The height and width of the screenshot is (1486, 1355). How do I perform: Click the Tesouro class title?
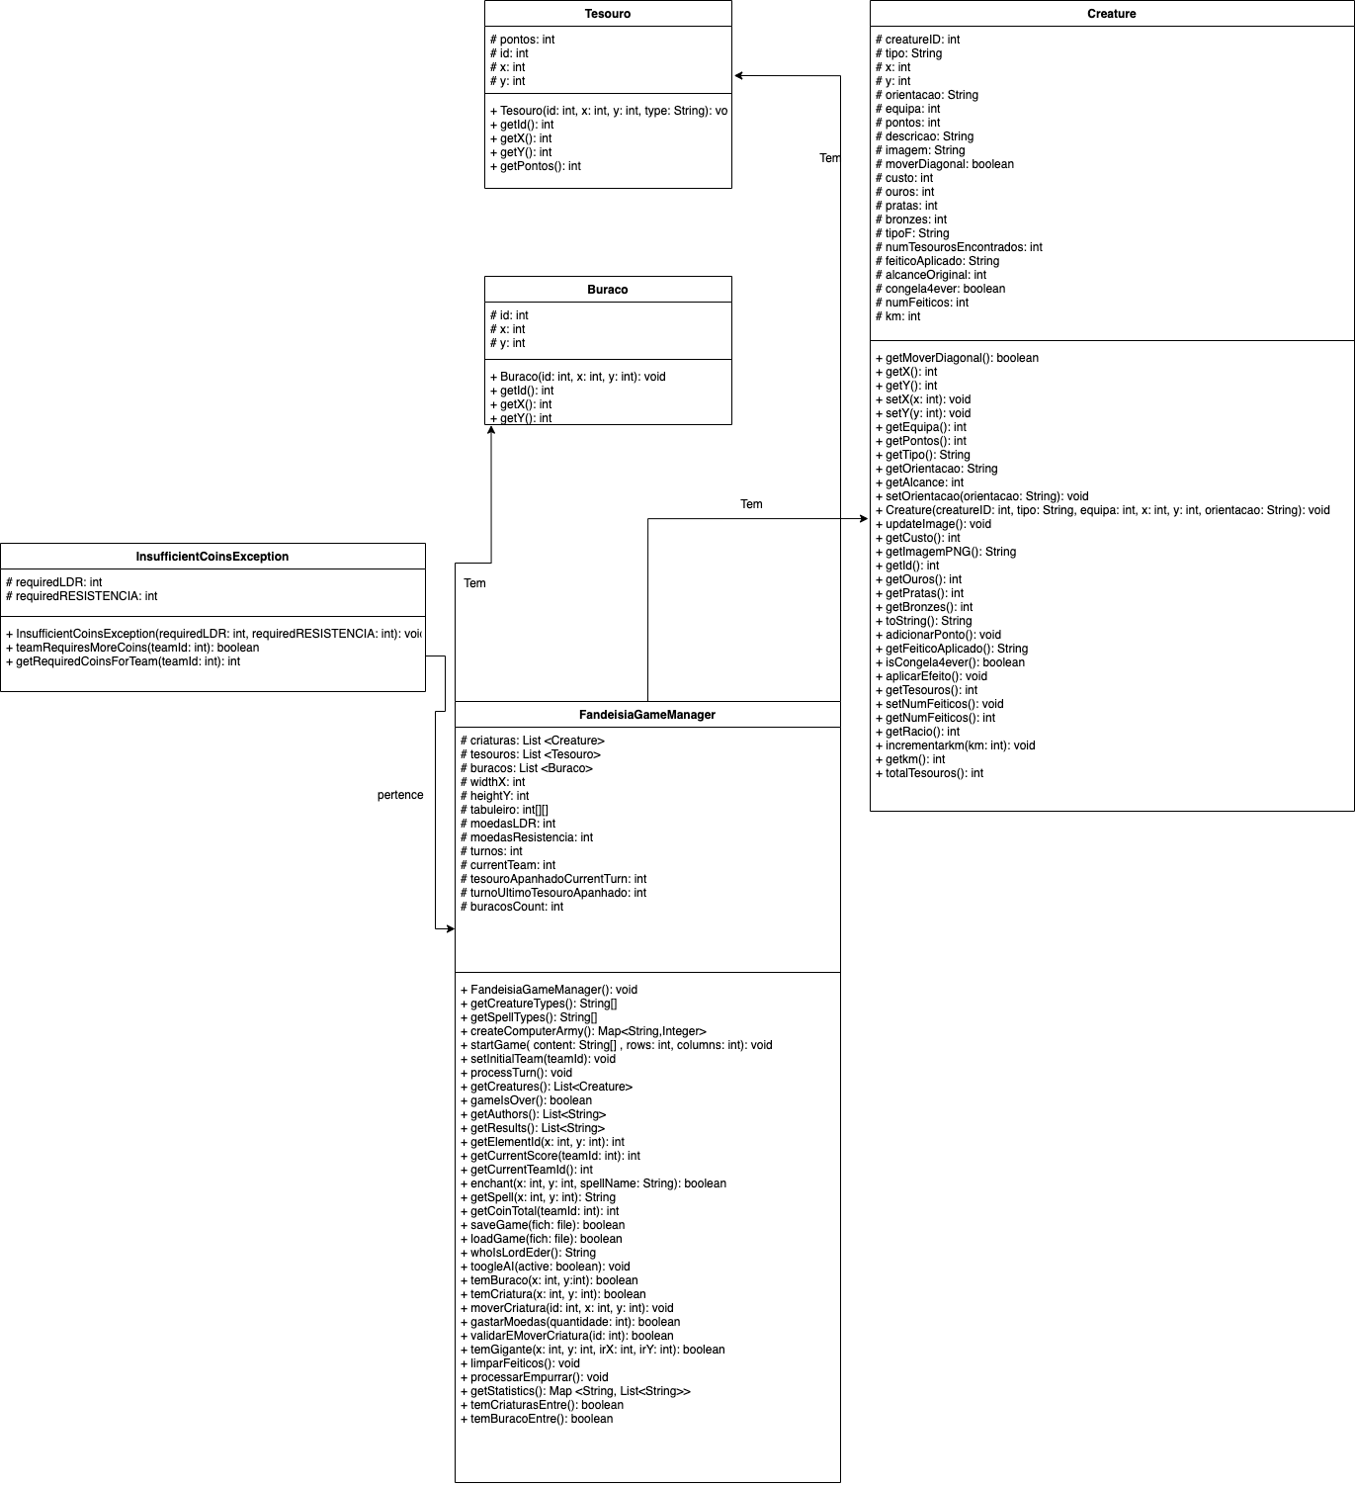point(607,14)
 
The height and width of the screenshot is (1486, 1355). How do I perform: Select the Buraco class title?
point(607,290)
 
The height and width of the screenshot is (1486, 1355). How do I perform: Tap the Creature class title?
point(1111,14)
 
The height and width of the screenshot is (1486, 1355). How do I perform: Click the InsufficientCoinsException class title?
point(212,557)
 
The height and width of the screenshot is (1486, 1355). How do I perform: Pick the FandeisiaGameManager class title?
point(646,715)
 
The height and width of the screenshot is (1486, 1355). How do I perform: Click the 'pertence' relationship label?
point(400,795)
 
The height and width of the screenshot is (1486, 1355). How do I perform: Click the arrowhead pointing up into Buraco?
point(491,431)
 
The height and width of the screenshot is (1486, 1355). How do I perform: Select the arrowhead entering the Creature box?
point(864,518)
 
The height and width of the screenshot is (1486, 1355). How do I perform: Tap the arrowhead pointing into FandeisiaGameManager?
point(450,929)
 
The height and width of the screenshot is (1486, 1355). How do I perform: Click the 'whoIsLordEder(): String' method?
point(533,1253)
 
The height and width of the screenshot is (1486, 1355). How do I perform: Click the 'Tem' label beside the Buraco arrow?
point(474,583)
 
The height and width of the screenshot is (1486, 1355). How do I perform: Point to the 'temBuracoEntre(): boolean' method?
point(541,1419)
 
